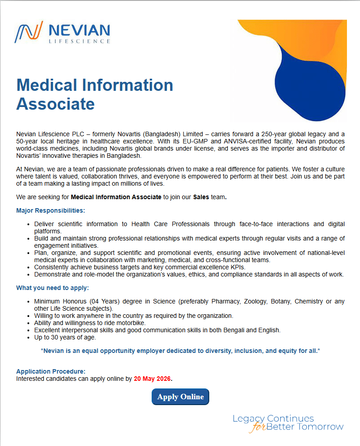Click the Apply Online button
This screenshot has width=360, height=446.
click(x=180, y=397)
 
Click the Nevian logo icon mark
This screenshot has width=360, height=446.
click(x=29, y=32)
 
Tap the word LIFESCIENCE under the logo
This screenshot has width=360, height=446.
click(x=79, y=41)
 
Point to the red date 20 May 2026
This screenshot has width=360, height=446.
click(x=152, y=379)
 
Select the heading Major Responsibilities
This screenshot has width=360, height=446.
click(x=50, y=210)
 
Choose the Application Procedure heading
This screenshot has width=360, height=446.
click(x=51, y=371)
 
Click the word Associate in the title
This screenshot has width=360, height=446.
click(x=55, y=104)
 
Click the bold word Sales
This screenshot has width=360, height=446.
click(x=201, y=197)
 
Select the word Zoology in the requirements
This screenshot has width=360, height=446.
click(x=254, y=301)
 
